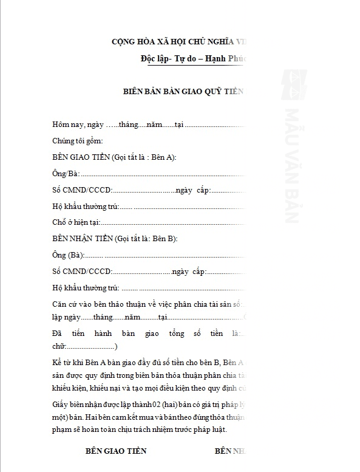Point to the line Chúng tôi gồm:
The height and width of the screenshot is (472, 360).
pos(73,141)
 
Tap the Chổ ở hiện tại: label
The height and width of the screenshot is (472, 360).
pos(76,223)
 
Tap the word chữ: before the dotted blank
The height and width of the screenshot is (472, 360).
pos(60,346)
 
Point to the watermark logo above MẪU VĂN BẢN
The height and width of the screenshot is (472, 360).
pos(292,80)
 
